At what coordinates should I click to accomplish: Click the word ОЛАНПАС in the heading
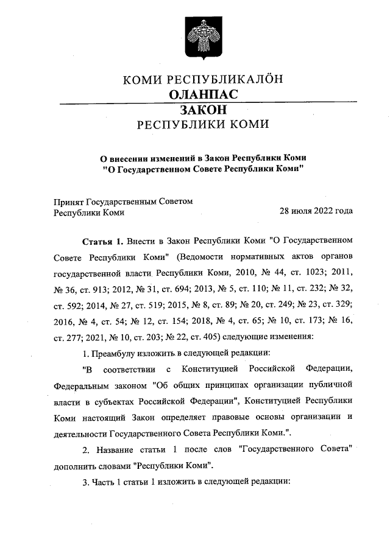[202, 94]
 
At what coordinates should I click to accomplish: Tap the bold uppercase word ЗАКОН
[203, 110]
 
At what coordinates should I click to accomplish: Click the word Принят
[69, 202]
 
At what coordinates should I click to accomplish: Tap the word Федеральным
[79, 385]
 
